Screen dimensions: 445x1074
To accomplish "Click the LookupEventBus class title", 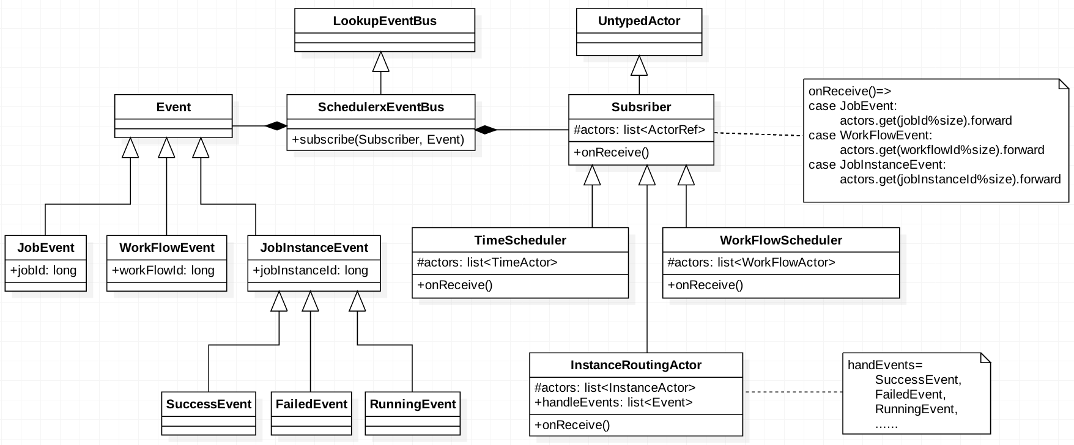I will pyautogui.click(x=385, y=21).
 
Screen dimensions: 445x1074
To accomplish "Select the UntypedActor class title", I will pyautogui.click(x=639, y=21).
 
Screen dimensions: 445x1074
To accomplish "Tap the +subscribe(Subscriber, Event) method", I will pyautogui.click(x=378, y=139).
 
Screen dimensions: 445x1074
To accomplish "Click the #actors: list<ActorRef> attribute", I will pyautogui.click(x=639, y=130).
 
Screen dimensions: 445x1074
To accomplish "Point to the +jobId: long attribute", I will pyautogui.click(x=43, y=270).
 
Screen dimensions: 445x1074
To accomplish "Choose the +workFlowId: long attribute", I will pyautogui.click(x=163, y=270).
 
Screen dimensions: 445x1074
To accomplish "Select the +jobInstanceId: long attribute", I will pyautogui.click(x=311, y=270).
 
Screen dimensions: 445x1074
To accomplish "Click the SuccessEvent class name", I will pyautogui.click(x=209, y=404).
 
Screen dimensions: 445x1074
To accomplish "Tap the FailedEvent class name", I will pyautogui.click(x=311, y=404).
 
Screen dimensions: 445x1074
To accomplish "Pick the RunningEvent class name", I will pyautogui.click(x=412, y=404).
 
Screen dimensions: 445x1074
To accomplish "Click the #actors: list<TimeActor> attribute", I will pyautogui.click(x=487, y=263).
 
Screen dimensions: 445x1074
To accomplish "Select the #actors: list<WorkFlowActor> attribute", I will pyautogui.click(x=751, y=263).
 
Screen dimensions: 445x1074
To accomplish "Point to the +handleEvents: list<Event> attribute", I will pyautogui.click(x=613, y=402).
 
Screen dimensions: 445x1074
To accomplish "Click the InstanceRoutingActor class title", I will pyautogui.click(x=635, y=365).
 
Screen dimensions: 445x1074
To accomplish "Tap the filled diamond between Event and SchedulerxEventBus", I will pyautogui.click(x=276, y=126).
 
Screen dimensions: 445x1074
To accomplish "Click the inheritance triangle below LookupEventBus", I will pyautogui.click(x=381, y=62).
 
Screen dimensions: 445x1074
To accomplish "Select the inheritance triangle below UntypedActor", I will pyautogui.click(x=639, y=65).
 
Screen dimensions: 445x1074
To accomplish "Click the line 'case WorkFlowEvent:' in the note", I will pyautogui.click(x=870, y=135).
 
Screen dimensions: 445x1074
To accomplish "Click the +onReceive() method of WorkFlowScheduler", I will pyautogui.click(x=705, y=285).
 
